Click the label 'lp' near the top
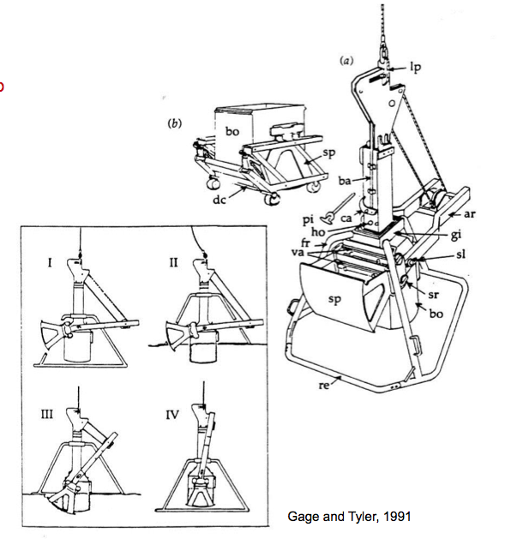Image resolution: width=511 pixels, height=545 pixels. coord(415,67)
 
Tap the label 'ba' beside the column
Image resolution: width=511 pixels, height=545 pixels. coord(345,181)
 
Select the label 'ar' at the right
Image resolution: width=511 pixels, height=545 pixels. coord(469,213)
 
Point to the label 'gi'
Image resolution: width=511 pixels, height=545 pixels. coord(455,236)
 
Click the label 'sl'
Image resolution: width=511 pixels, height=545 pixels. coord(460,255)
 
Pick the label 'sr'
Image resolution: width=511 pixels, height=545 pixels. coord(434,295)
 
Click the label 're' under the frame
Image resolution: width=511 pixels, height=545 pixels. coord(324,385)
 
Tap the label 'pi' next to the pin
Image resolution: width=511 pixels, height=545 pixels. coord(308,220)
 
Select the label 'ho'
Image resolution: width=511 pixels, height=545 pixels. coord(318,231)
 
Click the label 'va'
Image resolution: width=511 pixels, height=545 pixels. coord(298,252)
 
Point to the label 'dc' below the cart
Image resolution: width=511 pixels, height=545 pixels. coord(219,200)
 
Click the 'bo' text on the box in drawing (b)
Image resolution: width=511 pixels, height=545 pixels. coord(232,131)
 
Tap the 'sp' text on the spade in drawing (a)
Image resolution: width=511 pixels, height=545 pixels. coord(334,300)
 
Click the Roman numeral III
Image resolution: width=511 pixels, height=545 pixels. coord(47,414)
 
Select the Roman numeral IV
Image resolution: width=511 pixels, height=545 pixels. coord(171,415)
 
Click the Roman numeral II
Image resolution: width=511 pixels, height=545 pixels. coord(173,263)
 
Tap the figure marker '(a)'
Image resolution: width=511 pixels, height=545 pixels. coord(346,61)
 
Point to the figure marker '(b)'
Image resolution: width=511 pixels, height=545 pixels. coord(174,123)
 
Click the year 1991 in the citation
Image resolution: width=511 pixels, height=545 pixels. coord(397,517)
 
